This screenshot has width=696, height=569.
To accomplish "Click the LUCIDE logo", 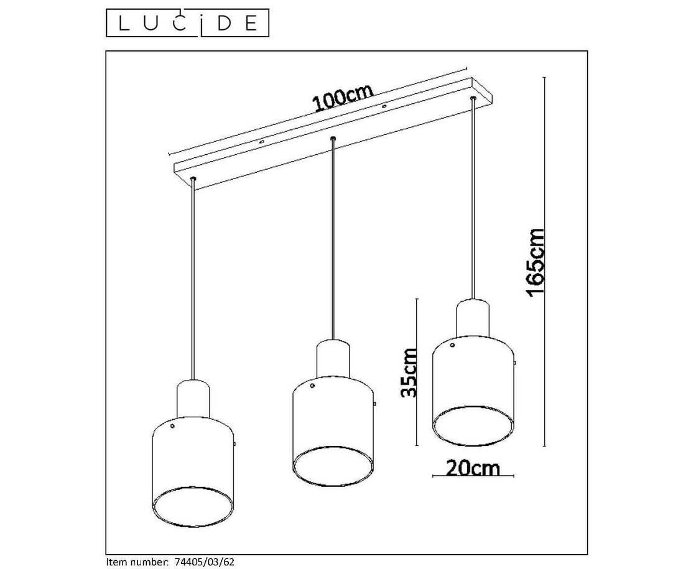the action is coord(187,22).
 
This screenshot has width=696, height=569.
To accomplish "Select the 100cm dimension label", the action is coord(343,98).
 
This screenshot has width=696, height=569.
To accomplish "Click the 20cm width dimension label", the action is coord(473,468).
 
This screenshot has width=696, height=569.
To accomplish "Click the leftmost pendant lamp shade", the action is coord(193,472).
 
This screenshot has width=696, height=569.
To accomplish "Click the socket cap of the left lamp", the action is coord(193,399).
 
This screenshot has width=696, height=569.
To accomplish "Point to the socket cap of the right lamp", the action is coord(473,317).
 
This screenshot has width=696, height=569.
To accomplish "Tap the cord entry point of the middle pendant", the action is coord(333,139).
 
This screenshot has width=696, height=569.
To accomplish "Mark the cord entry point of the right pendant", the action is coord(473,98).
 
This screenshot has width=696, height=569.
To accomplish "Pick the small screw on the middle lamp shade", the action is coord(312,386).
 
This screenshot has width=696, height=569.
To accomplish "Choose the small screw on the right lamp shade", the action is coord(452,345).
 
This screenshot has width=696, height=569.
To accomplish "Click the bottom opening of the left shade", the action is coord(193,507).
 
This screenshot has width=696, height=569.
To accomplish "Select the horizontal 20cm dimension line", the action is coord(473,476).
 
